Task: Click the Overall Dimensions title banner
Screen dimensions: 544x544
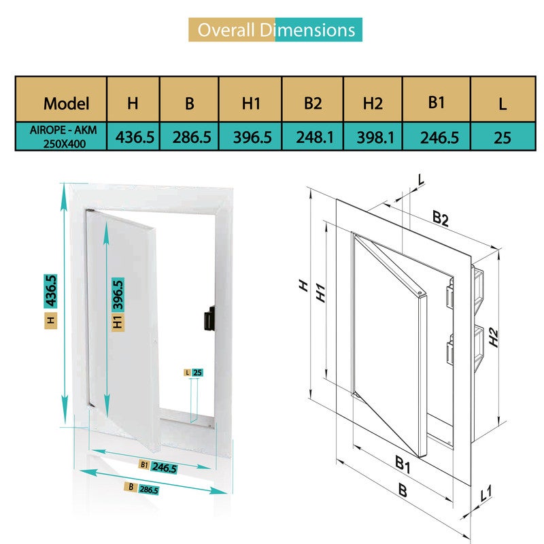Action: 275,30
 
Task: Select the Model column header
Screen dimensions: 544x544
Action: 66,103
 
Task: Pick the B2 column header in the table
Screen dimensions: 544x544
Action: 313,103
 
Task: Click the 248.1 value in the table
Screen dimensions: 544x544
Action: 315,137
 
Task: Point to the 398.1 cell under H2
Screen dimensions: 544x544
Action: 375,137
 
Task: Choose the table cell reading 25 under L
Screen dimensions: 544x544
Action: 502,138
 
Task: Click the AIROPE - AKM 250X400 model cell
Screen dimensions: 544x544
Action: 63,137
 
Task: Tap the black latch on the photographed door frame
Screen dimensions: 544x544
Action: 209,318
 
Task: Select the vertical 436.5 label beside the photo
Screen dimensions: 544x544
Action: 50,291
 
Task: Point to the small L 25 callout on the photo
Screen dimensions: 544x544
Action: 194,373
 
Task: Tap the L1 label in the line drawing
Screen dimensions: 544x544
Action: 486,494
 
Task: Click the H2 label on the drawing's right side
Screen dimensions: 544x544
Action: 494,337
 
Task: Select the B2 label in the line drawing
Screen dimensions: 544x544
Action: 441,218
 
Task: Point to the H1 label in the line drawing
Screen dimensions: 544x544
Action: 320,292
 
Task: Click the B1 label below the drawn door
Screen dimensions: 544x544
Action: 403,464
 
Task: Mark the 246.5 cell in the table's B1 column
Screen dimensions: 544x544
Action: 439,137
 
